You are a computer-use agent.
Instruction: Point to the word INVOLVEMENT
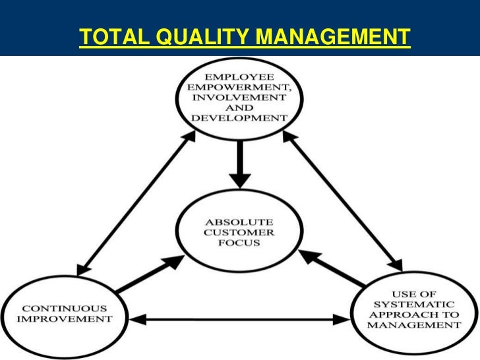point(239,99)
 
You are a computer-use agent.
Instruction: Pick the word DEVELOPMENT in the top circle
point(240,118)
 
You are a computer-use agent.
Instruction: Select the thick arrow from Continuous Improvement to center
point(149,273)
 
